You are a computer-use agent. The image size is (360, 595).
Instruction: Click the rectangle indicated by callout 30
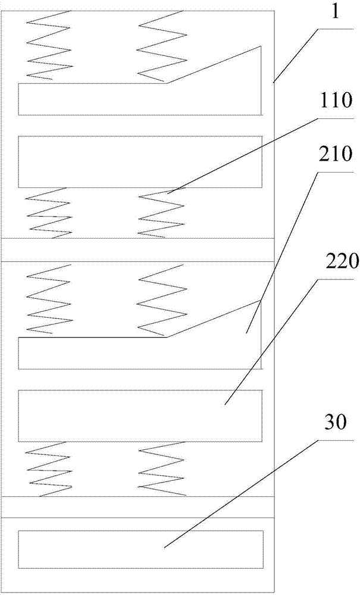click(141, 549)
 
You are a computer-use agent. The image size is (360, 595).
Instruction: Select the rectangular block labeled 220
click(140, 416)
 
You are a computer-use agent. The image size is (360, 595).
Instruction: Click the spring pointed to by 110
click(162, 212)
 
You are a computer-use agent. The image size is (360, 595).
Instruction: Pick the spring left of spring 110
click(49, 213)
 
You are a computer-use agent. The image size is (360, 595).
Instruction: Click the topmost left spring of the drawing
click(49, 45)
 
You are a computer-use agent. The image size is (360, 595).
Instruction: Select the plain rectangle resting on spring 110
click(140, 162)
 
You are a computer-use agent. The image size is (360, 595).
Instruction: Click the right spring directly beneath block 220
click(162, 469)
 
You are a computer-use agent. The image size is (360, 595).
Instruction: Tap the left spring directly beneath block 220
click(49, 469)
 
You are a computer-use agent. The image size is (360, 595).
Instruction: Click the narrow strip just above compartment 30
click(137, 507)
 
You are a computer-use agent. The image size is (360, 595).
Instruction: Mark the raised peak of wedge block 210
click(261, 300)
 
